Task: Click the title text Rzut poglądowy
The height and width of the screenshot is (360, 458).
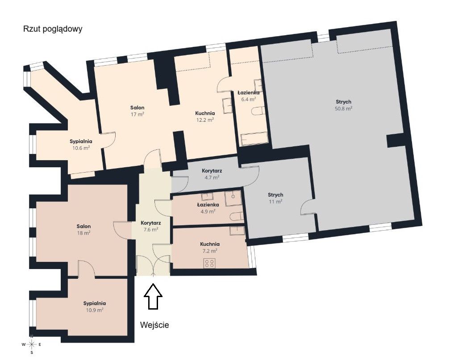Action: tap(53, 29)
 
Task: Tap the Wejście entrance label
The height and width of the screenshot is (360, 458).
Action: tap(154, 325)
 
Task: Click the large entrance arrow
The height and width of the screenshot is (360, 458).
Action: tap(153, 296)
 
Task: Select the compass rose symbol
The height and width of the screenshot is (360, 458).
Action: tap(31, 344)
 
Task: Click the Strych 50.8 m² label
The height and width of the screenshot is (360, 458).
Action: tap(344, 105)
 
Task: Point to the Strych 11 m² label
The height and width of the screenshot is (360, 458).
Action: tap(275, 198)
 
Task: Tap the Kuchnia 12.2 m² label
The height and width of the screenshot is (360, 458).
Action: tap(205, 116)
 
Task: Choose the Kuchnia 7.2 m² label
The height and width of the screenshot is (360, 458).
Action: tap(210, 247)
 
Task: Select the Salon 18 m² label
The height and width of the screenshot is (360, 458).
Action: tap(83, 229)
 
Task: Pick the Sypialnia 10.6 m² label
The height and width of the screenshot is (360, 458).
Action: tap(81, 145)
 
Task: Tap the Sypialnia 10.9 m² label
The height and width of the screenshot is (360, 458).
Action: tap(94, 306)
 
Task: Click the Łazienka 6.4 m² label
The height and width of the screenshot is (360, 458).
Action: tap(248, 96)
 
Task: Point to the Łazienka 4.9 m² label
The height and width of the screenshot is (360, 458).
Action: tap(208, 208)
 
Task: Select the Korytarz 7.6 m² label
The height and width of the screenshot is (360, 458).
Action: tap(151, 226)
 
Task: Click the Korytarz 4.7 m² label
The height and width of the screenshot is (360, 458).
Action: tap(212, 174)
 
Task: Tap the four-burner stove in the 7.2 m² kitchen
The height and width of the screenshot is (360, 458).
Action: tap(209, 263)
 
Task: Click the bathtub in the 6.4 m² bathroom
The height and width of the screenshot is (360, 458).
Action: tap(254, 139)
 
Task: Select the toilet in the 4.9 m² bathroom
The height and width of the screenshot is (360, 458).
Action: tap(237, 217)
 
